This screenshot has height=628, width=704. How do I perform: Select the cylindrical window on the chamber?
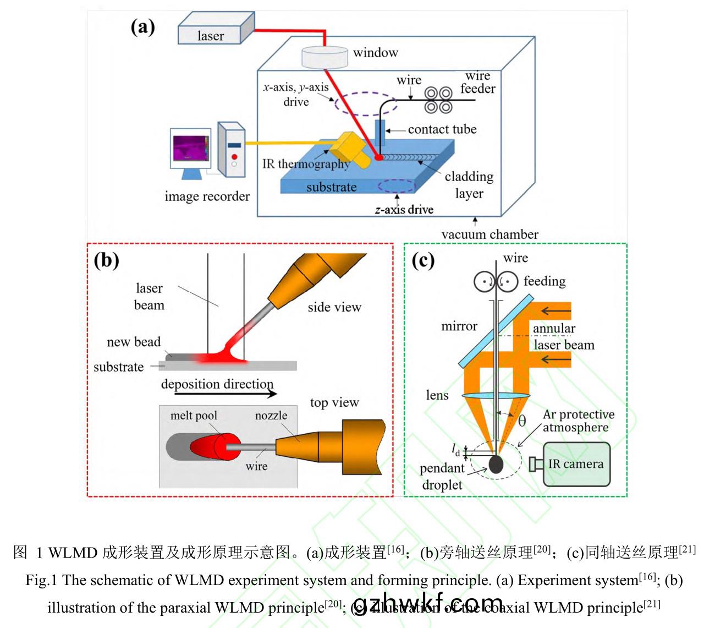coord(325,57)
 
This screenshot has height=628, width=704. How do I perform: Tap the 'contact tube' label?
coord(442,129)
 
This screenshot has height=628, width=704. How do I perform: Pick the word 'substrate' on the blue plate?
coord(331,187)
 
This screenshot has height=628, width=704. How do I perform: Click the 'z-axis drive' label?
coord(404,210)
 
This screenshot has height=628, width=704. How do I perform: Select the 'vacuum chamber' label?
coord(490,234)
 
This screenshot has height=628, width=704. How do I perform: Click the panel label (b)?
coord(106,259)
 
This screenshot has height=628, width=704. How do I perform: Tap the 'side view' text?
coord(334,307)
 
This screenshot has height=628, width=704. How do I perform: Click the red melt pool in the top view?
coord(210,446)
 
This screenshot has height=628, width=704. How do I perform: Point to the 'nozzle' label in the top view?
coord(271,416)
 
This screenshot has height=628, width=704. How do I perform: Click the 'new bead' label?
coord(134,342)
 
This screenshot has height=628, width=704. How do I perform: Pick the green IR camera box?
coord(576,464)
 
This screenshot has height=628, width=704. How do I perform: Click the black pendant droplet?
coord(496,464)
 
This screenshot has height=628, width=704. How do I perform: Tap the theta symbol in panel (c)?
coord(522,421)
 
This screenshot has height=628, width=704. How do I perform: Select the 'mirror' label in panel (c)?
coord(459,326)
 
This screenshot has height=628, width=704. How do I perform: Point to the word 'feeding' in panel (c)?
coord(544,281)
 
